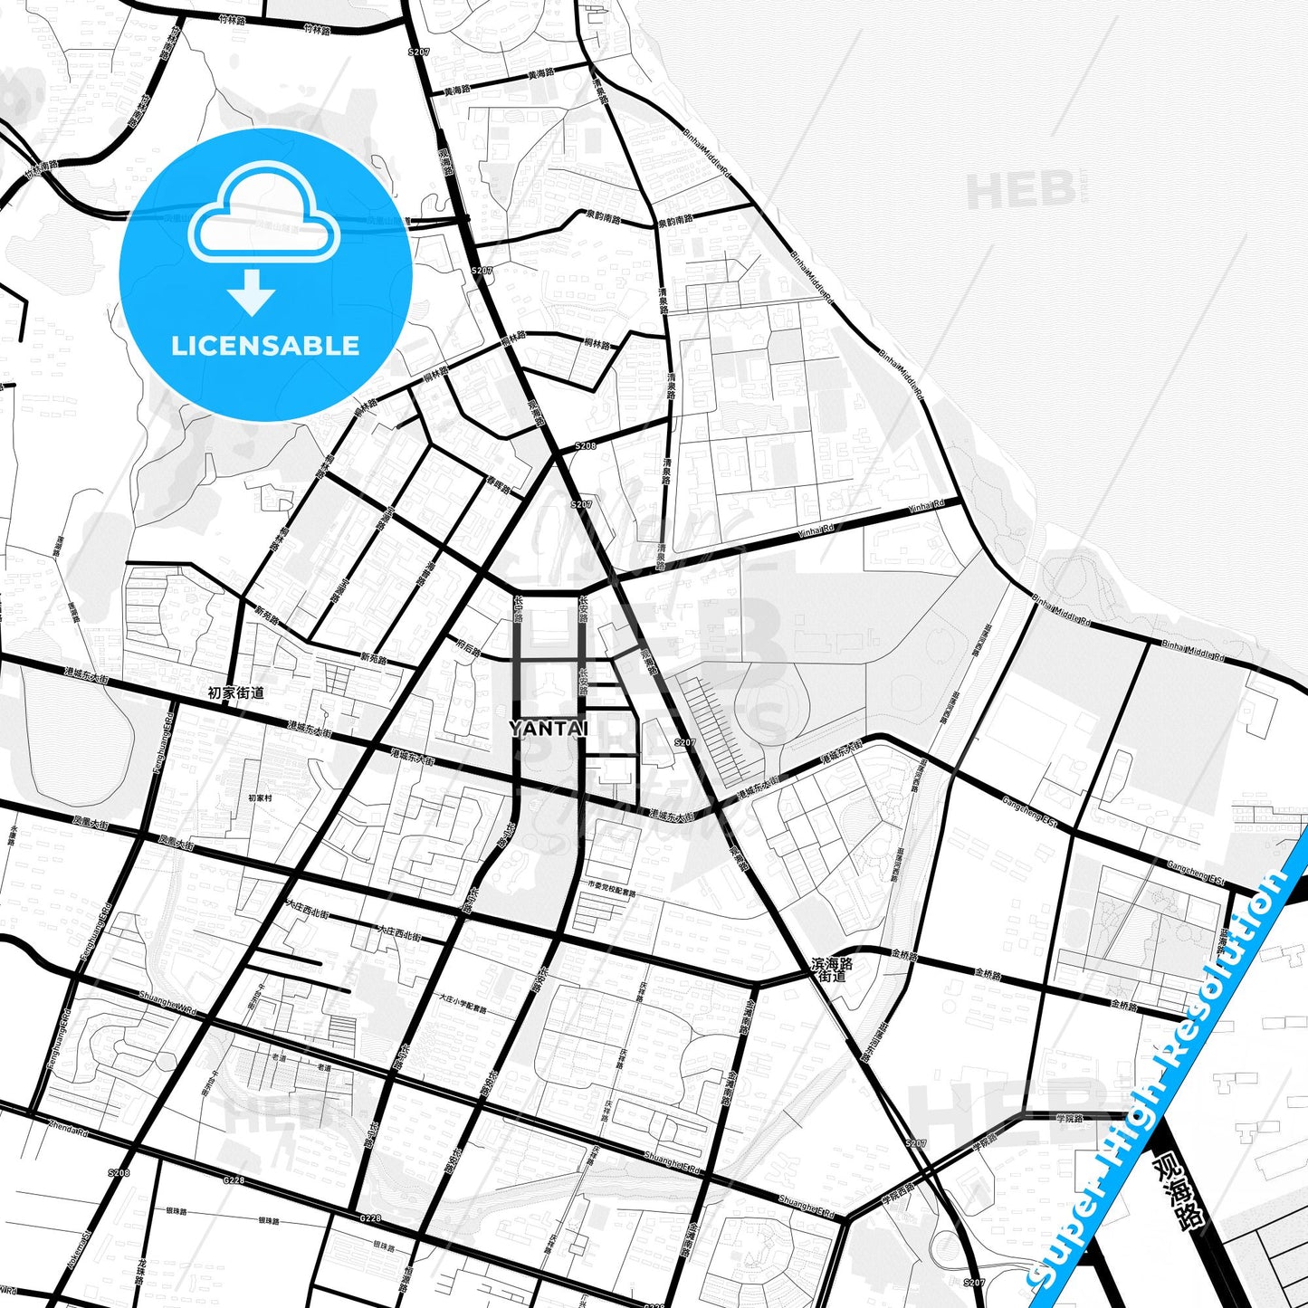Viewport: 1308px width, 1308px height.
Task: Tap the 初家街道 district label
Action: [235, 692]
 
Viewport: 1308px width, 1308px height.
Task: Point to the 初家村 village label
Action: [260, 798]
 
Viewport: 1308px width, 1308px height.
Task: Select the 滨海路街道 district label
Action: [832, 970]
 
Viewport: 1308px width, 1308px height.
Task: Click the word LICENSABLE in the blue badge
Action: [265, 346]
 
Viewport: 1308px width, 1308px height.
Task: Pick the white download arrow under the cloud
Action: [252, 291]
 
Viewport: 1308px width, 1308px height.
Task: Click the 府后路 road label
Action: [468, 648]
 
